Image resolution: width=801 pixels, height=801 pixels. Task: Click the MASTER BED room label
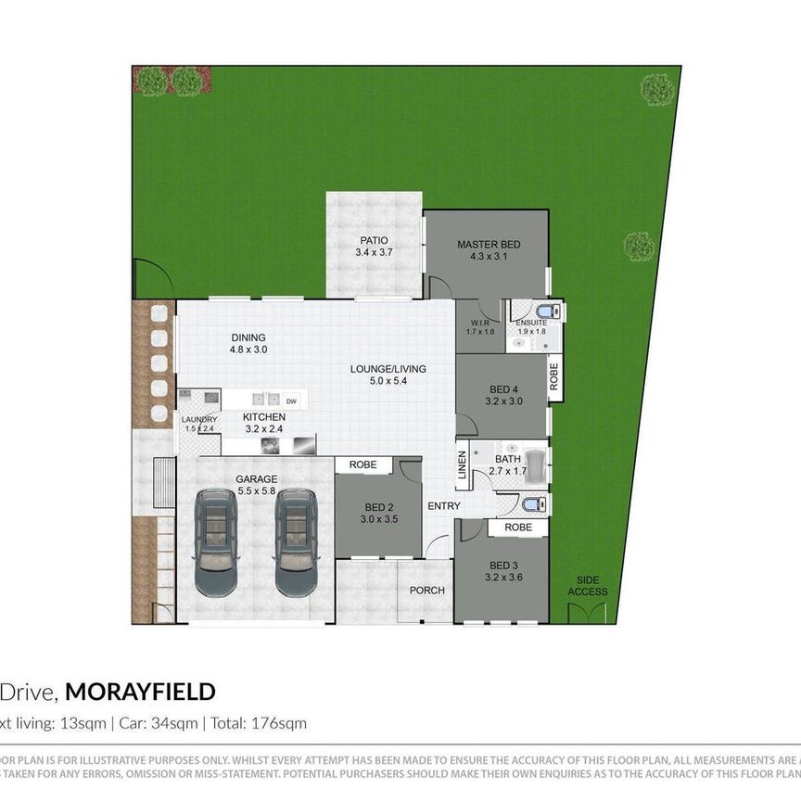[489, 245]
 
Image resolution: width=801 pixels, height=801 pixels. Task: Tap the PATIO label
[374, 240]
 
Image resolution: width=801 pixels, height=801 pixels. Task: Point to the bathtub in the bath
[537, 461]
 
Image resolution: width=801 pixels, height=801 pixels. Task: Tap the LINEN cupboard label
[462, 469]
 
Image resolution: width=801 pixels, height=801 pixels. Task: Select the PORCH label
[426, 591]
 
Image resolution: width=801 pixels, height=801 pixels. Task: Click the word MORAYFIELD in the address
[140, 692]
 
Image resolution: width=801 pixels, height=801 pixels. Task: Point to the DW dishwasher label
[291, 401]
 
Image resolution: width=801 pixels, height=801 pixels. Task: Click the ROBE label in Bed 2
[362, 464]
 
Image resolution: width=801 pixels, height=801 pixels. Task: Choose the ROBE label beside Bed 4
[554, 375]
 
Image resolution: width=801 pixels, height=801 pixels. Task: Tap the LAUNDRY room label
[199, 420]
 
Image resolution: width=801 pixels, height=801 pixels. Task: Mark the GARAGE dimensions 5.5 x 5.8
[257, 491]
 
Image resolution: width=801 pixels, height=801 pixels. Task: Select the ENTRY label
[443, 506]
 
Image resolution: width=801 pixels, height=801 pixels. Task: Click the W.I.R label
[480, 323]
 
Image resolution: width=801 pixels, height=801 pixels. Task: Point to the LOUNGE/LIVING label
[388, 369]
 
